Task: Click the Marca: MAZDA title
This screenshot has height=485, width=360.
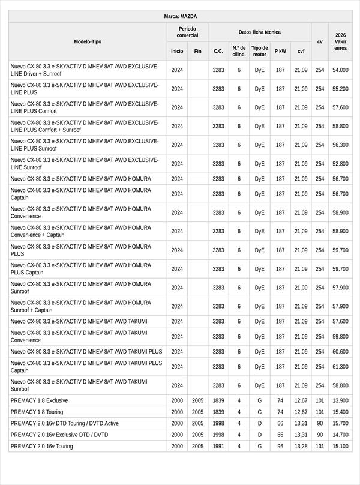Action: [180, 16]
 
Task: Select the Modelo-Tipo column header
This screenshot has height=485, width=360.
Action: [88, 41]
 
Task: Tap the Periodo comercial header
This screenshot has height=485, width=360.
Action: [187, 32]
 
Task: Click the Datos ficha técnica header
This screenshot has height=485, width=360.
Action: [259, 32]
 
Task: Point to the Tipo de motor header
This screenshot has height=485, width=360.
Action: [259, 51]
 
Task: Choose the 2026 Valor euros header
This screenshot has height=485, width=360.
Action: [340, 41]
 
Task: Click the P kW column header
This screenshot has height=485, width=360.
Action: [280, 52]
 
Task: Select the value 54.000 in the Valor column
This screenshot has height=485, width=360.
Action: [340, 70]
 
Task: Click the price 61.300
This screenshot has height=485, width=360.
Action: [340, 367]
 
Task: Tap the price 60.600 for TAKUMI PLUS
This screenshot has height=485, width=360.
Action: [340, 352]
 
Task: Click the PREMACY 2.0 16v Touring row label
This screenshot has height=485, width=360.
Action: [46, 446]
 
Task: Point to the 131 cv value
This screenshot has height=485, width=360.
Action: [320, 446]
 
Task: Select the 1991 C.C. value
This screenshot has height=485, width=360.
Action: [218, 446]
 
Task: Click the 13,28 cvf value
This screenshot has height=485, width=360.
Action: [301, 446]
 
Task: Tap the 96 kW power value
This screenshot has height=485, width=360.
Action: [280, 446]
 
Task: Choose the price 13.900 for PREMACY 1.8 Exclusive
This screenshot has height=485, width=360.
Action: [340, 400]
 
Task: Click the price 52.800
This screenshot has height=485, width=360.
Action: [340, 164]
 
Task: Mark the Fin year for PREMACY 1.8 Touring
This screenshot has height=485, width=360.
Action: [197, 412]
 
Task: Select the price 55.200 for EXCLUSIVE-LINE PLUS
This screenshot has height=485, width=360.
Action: [340, 89]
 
